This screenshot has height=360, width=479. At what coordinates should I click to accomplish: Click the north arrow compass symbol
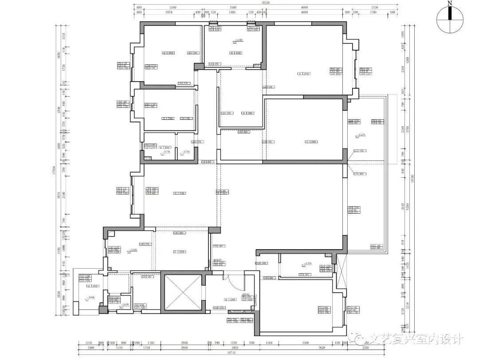(x=450, y=20)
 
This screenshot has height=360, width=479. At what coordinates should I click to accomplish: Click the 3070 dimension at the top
(x=168, y=13)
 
